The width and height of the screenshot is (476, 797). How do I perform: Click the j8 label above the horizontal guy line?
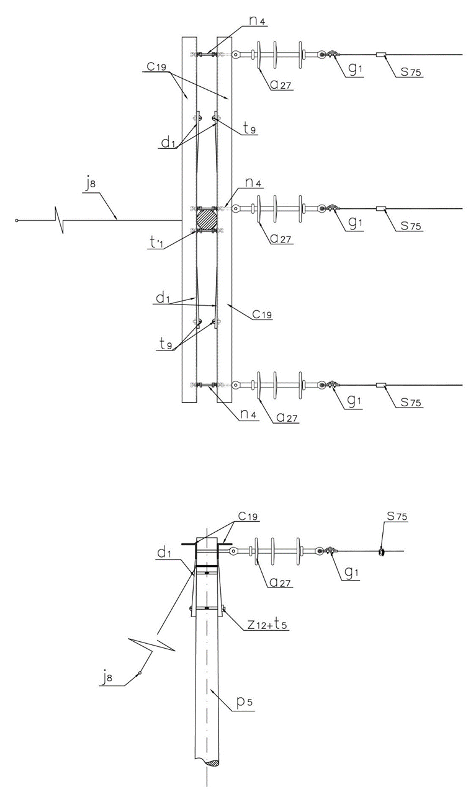tap(91, 186)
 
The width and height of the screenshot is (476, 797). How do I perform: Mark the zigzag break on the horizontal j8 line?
tap(59, 220)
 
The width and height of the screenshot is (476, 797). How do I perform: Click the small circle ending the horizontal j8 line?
tap(16, 221)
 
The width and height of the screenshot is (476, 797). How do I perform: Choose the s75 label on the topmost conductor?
tap(411, 72)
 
